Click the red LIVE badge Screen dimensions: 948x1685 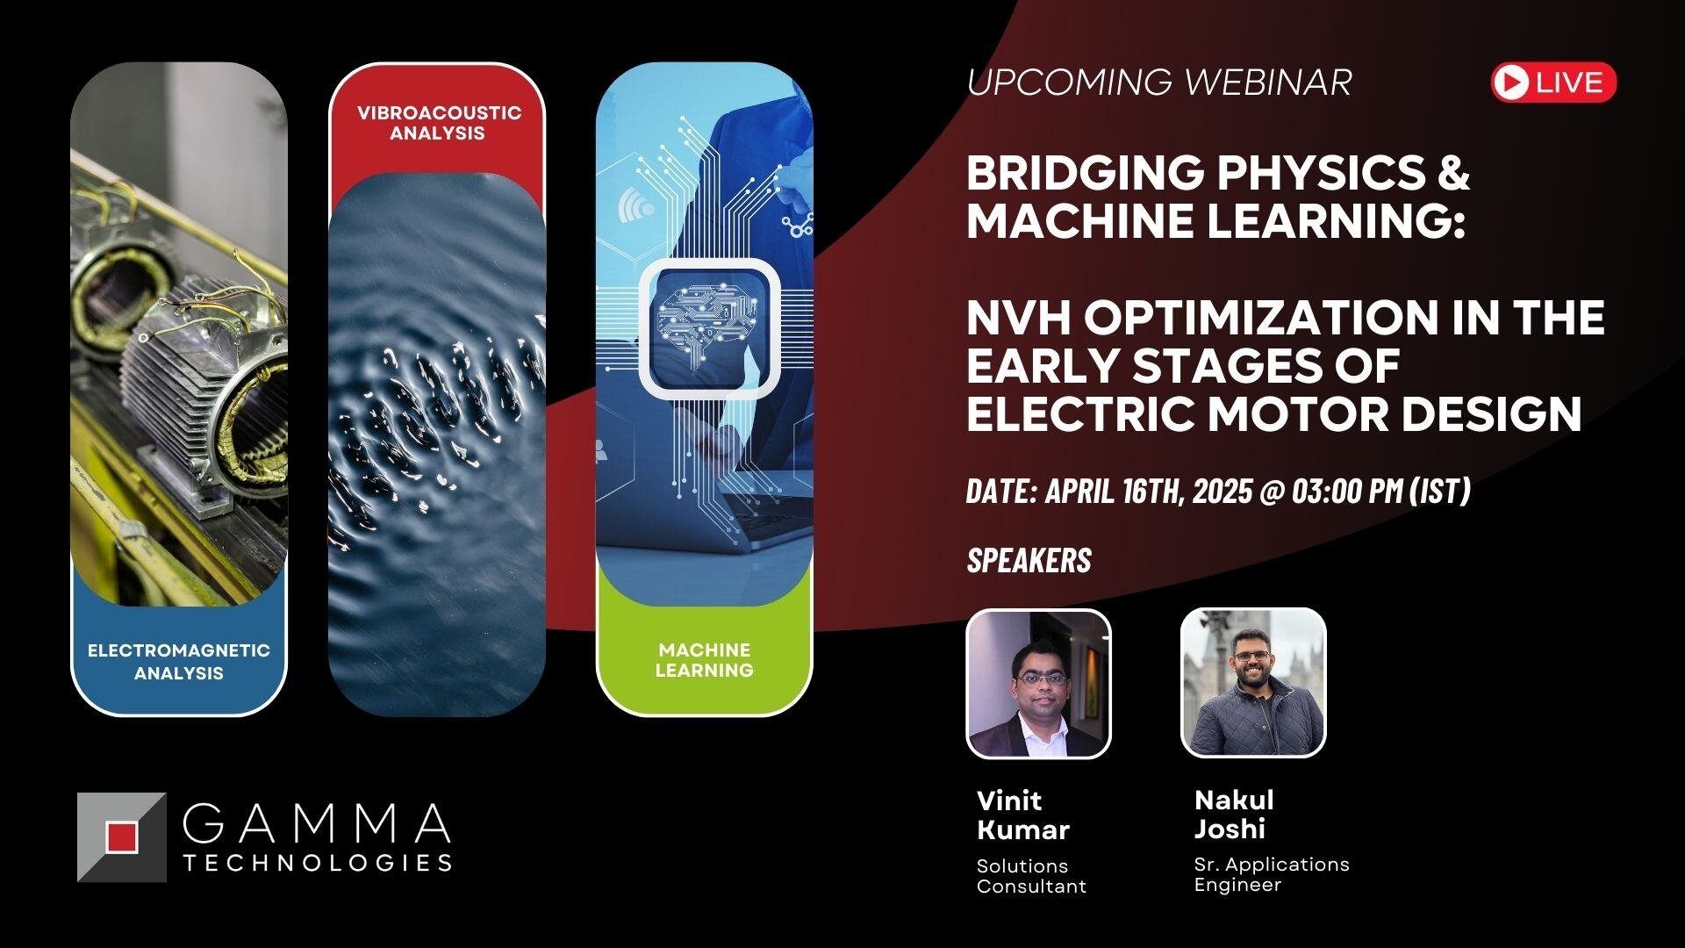tap(1553, 83)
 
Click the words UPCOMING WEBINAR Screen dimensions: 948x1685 tap(1158, 83)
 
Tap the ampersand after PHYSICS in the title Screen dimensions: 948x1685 tap(1453, 173)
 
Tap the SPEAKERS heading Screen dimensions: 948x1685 tap(1029, 561)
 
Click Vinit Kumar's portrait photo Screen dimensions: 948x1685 tap(1038, 684)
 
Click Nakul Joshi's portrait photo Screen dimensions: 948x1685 tap(1252, 682)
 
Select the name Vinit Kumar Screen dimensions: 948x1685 tap(1022, 815)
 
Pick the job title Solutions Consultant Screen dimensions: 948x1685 tap(1031, 876)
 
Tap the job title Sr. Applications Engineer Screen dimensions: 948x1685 tap(1271, 874)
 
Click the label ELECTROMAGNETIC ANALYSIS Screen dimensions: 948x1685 tap(178, 662)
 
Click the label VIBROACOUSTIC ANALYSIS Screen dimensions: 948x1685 tap(437, 123)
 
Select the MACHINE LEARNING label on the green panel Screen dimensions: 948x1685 tap(704, 660)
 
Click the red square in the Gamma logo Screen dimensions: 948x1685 tap(122, 837)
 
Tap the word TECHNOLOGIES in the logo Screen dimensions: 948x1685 tap(318, 863)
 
